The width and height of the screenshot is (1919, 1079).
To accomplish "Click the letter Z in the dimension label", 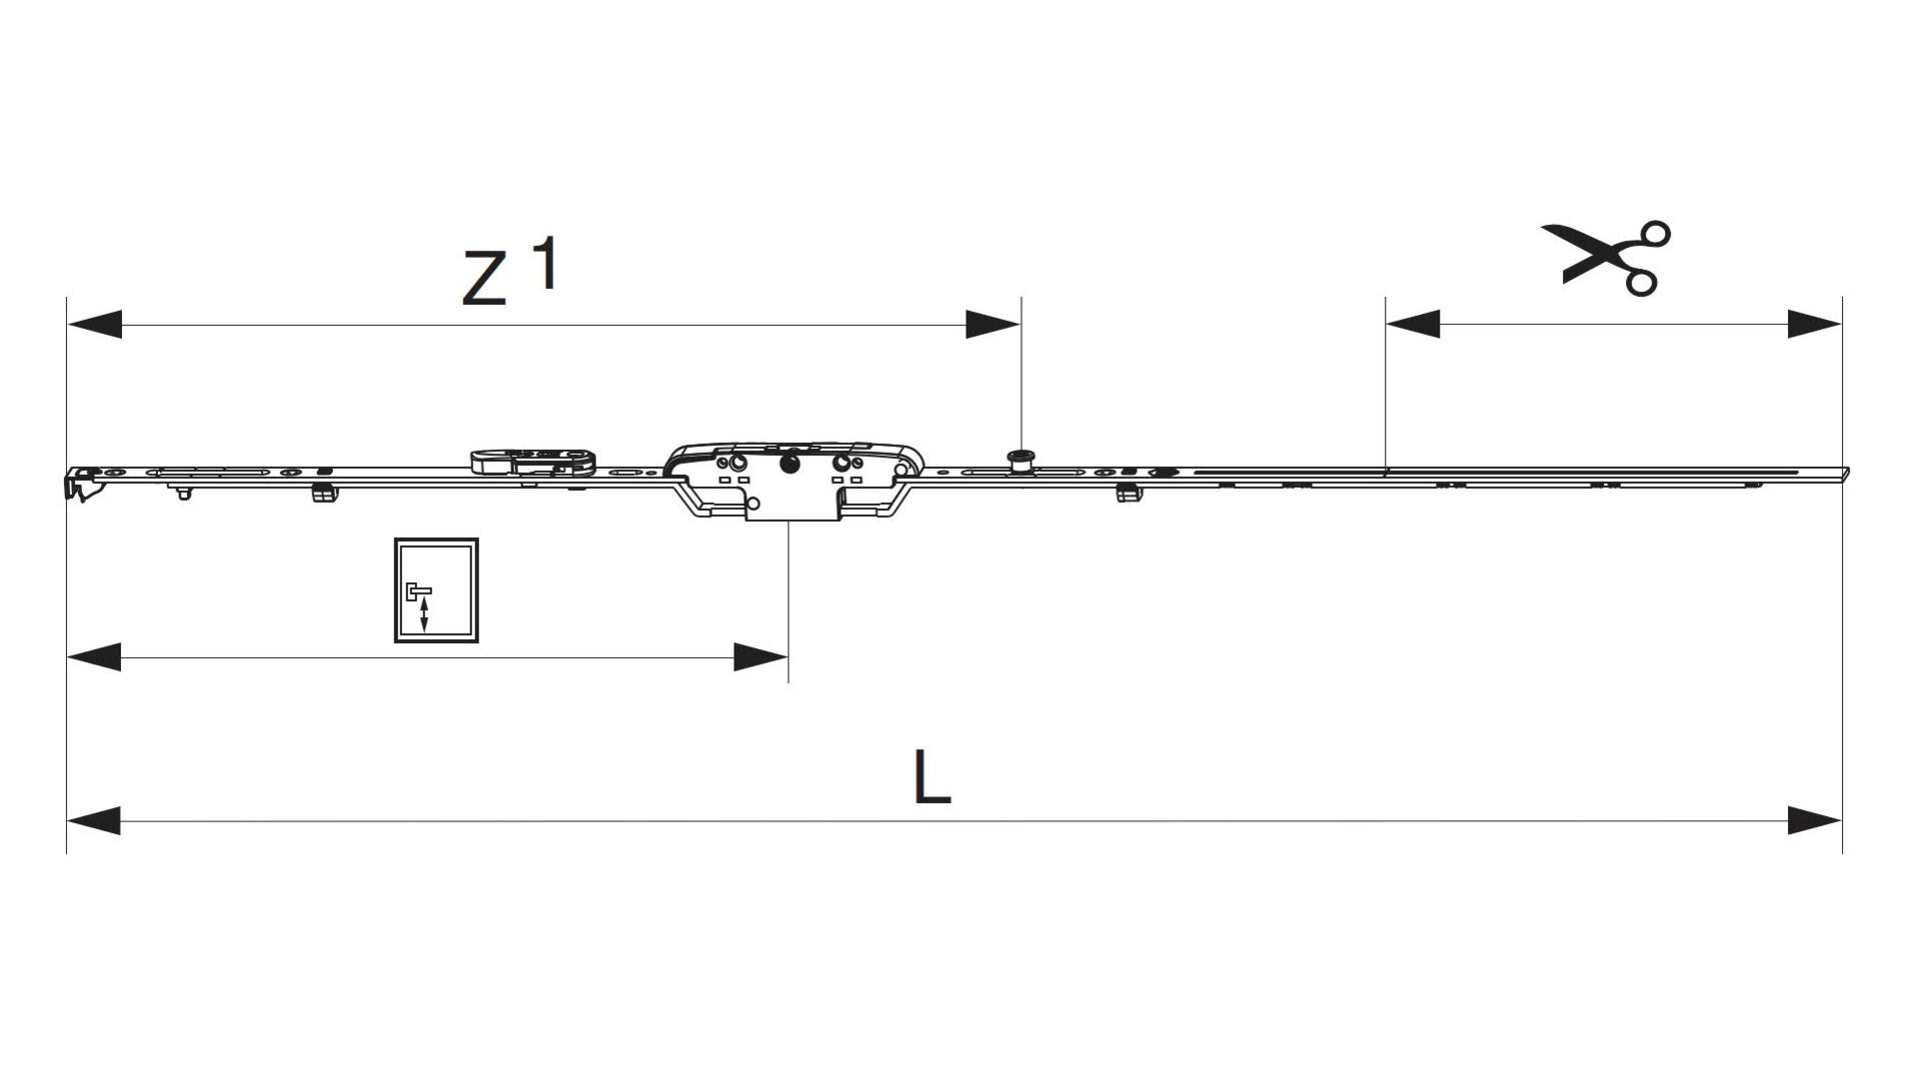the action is point(485,279).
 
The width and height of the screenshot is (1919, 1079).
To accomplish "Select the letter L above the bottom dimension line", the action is point(932,777).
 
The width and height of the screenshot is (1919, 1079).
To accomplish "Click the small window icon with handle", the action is point(436,590).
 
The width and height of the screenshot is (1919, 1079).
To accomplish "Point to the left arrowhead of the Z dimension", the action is point(94,325).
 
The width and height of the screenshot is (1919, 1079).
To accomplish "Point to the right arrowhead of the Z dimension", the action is point(992,325).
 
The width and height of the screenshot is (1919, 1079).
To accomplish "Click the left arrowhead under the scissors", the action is point(1412,324).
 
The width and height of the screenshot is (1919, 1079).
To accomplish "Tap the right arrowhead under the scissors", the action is point(1814,324).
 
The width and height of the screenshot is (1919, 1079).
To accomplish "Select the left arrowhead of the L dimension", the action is point(94,821).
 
